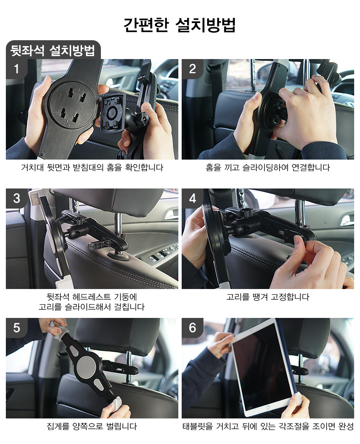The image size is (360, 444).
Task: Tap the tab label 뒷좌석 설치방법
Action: tap(53, 51)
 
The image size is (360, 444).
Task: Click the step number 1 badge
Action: tap(16, 69)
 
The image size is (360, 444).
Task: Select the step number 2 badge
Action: tap(193, 69)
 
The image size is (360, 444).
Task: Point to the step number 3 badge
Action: tap(16, 198)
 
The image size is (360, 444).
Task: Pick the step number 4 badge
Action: tap(193, 198)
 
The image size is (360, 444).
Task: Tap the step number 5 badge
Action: tap(16, 328)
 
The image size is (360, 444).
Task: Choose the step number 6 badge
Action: tap(193, 328)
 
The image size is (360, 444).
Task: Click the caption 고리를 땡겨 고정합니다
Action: tap(268, 297)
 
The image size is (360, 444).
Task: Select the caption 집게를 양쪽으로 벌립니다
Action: tap(92, 426)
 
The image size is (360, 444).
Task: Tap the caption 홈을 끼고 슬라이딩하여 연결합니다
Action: tap(268, 168)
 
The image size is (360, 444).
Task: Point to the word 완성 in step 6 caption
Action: tap(346, 426)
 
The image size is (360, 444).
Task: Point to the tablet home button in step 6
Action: tap(268, 408)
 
